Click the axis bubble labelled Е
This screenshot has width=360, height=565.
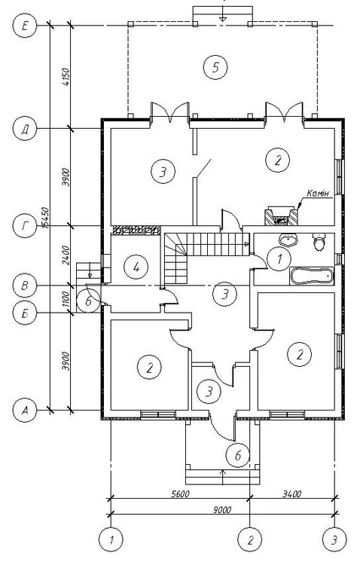coord(25,25)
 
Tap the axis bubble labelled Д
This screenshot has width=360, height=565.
coord(25,129)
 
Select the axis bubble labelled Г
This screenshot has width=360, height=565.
coord(25,226)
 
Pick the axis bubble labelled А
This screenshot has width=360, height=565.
coord(25,410)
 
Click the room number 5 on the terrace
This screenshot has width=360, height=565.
coord(215,67)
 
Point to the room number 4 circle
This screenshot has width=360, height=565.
coord(136,267)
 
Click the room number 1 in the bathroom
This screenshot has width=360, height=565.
coord(279,258)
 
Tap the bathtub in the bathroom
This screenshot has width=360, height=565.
coord(311,275)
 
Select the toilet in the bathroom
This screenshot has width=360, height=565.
coord(319,241)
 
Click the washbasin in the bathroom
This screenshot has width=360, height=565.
coord(288,240)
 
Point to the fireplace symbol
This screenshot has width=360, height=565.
coord(281,216)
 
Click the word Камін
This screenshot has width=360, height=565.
coord(318,194)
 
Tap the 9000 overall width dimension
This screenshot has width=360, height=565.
coord(222,509)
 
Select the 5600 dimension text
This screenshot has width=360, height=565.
coord(180,493)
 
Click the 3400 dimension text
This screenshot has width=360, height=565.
coord(292,493)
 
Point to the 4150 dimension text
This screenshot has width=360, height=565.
coord(66,76)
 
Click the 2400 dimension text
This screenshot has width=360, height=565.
coord(66,255)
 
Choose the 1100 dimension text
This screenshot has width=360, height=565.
coord(66,299)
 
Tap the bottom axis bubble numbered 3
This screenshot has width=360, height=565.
coord(334,540)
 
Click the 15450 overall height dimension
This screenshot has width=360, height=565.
coord(45,218)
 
